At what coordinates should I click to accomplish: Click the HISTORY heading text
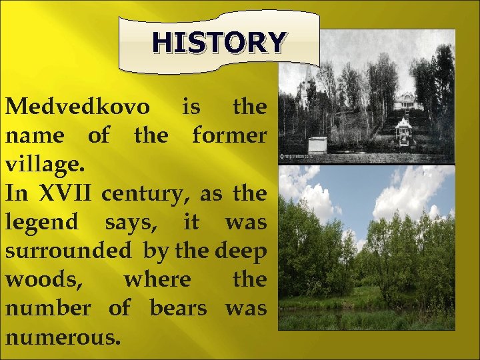pyautogui.click(x=219, y=43)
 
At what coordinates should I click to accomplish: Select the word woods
pyautogui.click(x=44, y=281)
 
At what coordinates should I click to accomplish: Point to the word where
pyautogui.click(x=157, y=280)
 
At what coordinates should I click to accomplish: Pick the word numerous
pyautogui.click(x=63, y=337)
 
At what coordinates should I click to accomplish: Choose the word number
pyautogui.click(x=48, y=309)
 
